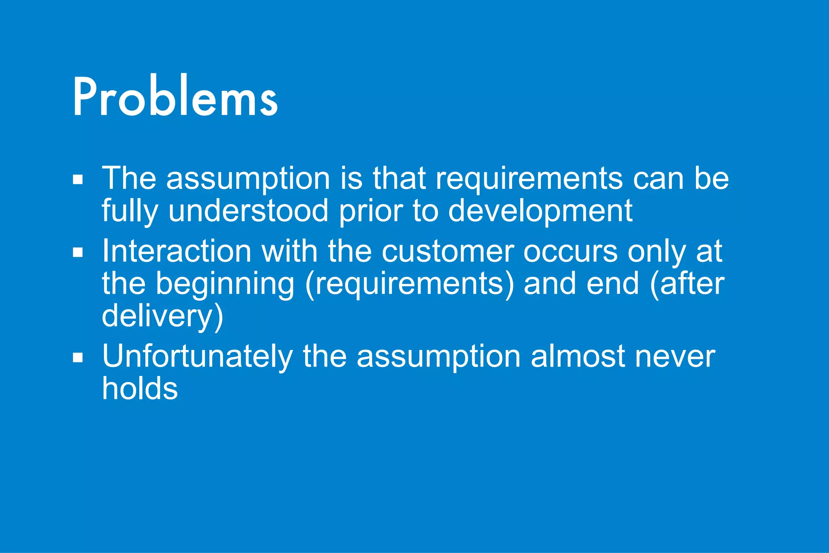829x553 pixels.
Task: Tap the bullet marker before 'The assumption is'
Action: coord(78,179)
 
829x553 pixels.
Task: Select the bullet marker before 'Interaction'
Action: coord(78,252)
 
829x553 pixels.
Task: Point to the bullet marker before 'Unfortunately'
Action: coord(78,358)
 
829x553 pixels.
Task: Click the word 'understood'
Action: coord(248,211)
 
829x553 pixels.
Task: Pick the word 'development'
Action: coord(540,211)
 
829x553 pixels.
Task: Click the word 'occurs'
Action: coord(570,251)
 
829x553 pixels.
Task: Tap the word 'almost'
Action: coord(578,357)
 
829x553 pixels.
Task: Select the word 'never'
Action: coord(675,357)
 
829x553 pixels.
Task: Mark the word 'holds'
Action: coord(140,389)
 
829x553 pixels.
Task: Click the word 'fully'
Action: coord(130,211)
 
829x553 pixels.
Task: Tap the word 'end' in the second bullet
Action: coord(612,284)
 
